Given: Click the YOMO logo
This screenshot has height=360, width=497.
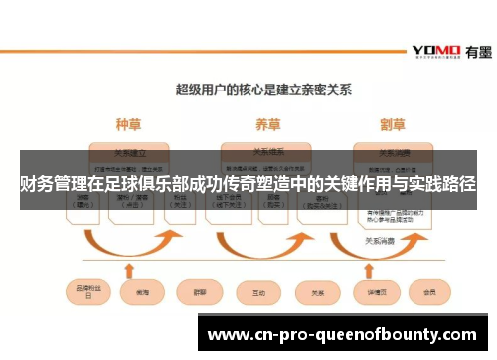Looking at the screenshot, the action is (433, 50).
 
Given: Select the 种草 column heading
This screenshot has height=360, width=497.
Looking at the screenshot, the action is (128, 124).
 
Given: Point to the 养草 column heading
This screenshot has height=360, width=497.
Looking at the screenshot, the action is (266, 124).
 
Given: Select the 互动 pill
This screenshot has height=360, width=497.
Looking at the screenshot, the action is (258, 294).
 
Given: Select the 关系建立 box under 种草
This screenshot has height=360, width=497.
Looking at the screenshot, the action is (130, 153).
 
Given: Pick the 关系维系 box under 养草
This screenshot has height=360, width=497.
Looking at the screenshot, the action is (266, 153).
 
